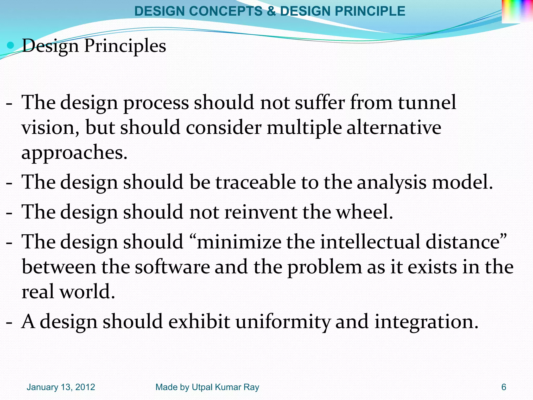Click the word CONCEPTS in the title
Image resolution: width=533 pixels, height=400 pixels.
(226, 11)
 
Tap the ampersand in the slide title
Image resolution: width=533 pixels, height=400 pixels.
(271, 11)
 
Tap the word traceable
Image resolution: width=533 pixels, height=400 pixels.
(256, 182)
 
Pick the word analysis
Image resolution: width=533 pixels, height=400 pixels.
(391, 183)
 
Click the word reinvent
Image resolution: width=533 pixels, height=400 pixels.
(261, 212)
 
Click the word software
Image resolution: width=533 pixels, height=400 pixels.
(172, 267)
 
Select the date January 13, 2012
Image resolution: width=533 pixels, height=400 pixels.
(61, 387)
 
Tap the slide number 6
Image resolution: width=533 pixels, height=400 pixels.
(504, 387)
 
